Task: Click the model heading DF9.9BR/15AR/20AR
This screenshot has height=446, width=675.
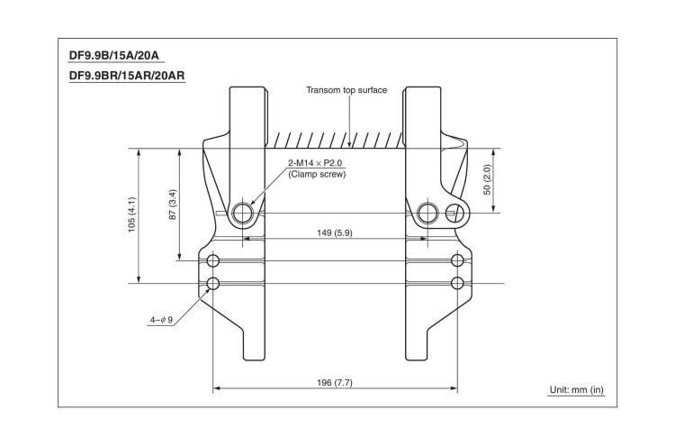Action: [x=127, y=76]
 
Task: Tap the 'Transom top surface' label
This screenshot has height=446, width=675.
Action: [x=346, y=91]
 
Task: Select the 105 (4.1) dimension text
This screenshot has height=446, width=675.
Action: [x=131, y=215]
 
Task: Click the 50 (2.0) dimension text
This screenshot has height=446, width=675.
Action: [x=487, y=180]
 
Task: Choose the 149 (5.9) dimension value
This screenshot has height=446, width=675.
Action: [x=335, y=232]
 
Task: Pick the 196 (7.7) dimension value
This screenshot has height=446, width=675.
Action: [x=335, y=383]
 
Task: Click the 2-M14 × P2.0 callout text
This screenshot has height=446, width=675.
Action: [x=315, y=163]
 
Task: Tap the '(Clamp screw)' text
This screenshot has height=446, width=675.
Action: [x=317, y=174]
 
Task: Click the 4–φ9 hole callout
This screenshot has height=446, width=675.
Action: [x=162, y=318]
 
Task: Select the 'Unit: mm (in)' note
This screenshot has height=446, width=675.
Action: [x=577, y=390]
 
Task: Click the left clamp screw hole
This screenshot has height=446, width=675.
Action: [x=243, y=214]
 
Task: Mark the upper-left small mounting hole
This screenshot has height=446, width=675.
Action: [x=213, y=261]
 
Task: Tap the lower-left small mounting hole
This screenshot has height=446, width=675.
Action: [x=213, y=285]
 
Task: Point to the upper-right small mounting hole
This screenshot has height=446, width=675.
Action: [x=458, y=261]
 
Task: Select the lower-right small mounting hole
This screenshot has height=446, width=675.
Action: [x=458, y=285]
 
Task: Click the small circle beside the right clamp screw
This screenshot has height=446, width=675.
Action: [x=455, y=213]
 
